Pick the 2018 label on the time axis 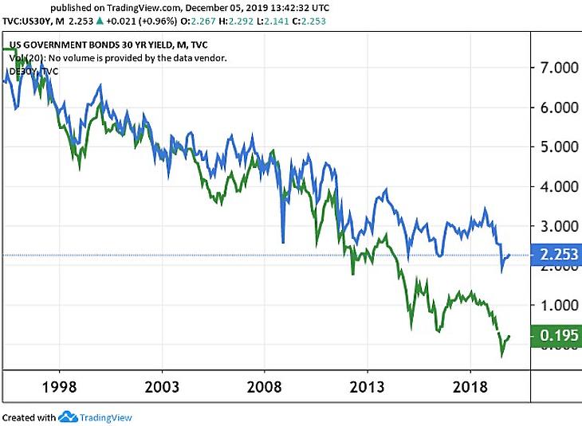click(470, 388)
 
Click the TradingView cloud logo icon click(67, 416)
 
